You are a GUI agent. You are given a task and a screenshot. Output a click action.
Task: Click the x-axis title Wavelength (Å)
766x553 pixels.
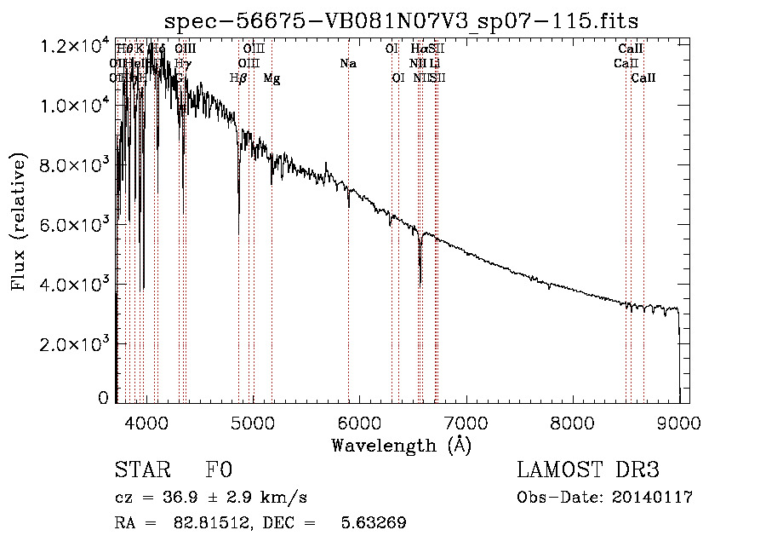[401, 445]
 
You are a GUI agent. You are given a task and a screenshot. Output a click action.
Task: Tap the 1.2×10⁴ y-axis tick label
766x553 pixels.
[76, 46]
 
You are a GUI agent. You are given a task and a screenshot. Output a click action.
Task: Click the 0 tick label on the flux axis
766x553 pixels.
[103, 398]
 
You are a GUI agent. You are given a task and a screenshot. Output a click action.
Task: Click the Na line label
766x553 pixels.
[348, 63]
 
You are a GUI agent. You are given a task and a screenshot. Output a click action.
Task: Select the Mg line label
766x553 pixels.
[272, 78]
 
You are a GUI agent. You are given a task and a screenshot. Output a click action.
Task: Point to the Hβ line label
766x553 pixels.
[238, 78]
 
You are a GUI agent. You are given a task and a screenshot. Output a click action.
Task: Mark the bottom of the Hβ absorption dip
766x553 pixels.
[238, 210]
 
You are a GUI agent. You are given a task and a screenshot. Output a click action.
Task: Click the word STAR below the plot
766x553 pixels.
[141, 471]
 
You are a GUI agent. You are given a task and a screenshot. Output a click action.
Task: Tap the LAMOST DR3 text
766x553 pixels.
[588, 471]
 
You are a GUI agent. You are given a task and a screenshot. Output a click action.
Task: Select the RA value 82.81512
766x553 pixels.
[209, 523]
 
